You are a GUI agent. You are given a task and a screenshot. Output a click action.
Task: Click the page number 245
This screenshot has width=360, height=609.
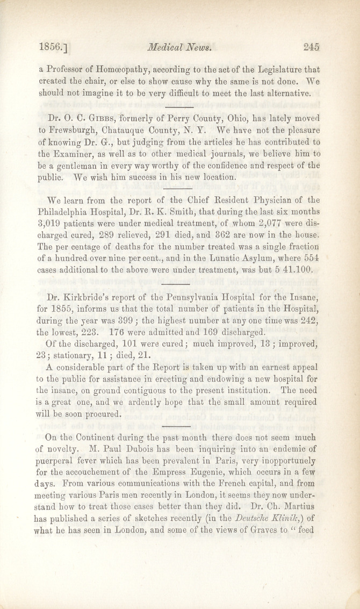click(x=311, y=47)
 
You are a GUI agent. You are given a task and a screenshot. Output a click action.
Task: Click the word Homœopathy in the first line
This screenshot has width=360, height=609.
click(x=120, y=69)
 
